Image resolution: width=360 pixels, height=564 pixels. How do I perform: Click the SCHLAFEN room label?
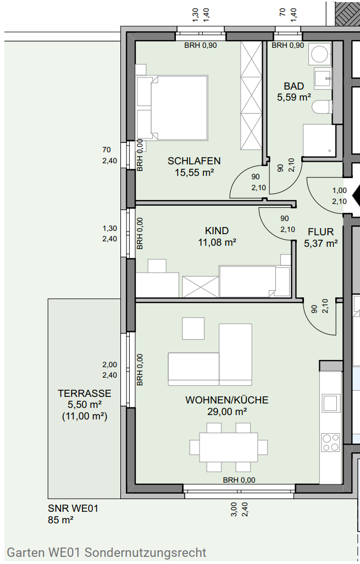(x=194, y=161)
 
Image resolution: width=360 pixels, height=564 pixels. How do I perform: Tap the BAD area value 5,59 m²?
(x=294, y=97)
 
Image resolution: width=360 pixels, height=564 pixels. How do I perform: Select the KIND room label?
(x=217, y=230)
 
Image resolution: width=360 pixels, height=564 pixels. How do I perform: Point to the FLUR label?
(x=321, y=231)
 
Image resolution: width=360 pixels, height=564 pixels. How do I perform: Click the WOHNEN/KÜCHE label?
(x=226, y=400)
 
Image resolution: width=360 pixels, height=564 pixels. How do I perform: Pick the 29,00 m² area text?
(x=227, y=412)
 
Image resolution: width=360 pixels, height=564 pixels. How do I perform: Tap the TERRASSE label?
(x=85, y=394)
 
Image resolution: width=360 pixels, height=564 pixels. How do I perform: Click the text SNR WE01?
(x=73, y=508)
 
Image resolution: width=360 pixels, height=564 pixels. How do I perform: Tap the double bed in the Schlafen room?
(x=172, y=107)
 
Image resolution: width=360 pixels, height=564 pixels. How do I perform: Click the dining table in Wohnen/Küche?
(x=229, y=447)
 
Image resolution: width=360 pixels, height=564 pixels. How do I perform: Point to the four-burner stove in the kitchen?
(x=330, y=443)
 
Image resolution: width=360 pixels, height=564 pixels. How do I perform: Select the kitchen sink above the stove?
(x=330, y=403)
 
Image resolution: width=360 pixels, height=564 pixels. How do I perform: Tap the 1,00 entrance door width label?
(x=340, y=190)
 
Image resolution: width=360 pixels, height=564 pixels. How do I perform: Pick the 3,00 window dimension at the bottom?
(x=234, y=510)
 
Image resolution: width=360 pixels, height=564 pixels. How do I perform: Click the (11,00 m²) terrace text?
(x=85, y=417)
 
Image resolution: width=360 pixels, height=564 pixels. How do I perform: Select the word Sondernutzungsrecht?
(x=146, y=552)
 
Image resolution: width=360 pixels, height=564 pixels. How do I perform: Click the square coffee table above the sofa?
(x=193, y=328)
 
